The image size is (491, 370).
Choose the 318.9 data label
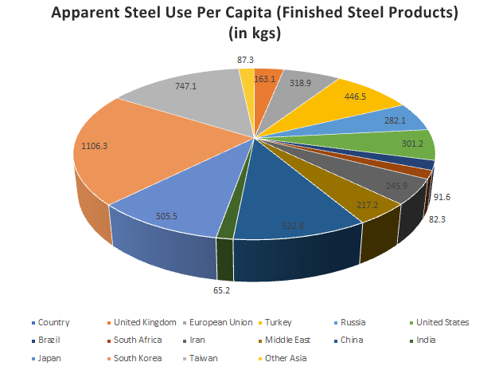pyautogui.click(x=299, y=82)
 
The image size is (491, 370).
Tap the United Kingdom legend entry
pyautogui.click(x=143, y=322)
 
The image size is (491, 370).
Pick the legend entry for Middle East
pyautogui.click(x=283, y=340)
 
